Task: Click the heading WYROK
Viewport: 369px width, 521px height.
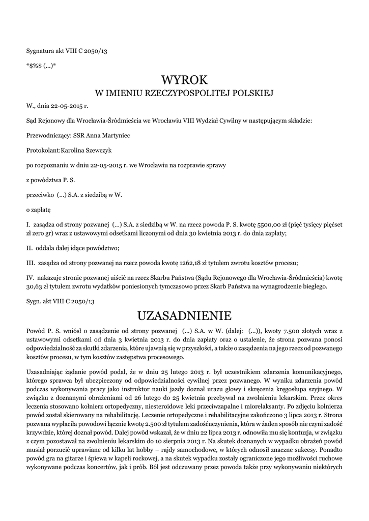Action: tap(184, 80)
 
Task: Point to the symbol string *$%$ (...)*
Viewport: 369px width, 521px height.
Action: tap(41, 65)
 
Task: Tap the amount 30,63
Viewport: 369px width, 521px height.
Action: tap(34, 286)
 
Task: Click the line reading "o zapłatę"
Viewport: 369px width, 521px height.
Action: tap(38, 209)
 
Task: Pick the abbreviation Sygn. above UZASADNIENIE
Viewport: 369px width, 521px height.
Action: tap(35, 301)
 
